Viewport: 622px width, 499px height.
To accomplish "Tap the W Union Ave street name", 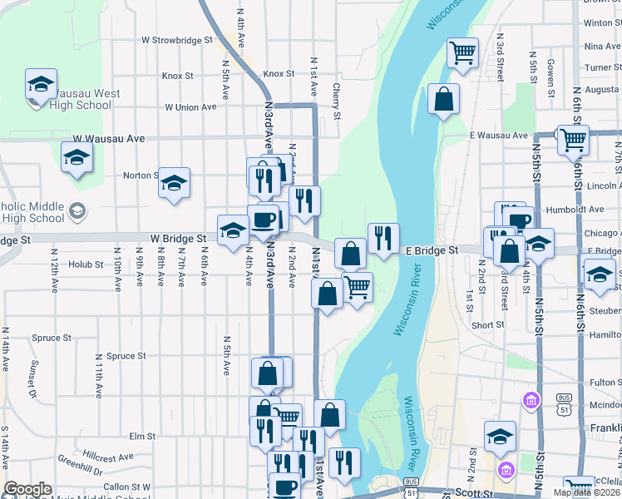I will [190, 107].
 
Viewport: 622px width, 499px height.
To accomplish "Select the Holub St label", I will [86, 265].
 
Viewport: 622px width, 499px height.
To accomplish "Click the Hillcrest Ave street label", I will [109, 457].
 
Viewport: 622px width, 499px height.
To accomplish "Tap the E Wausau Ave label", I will [499, 135].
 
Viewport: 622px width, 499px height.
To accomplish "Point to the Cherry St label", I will [337, 100].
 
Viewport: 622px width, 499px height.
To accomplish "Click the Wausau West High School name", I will [72, 100].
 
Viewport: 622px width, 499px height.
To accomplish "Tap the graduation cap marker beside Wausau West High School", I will [40, 85].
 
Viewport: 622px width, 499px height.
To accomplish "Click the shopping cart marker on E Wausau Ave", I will [573, 139].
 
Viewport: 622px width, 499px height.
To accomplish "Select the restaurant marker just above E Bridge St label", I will [383, 239].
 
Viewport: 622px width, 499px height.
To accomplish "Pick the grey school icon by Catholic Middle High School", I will [77, 210].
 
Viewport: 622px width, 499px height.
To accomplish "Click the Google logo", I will [27, 489].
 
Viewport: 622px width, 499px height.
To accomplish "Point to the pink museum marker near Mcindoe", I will [531, 402].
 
